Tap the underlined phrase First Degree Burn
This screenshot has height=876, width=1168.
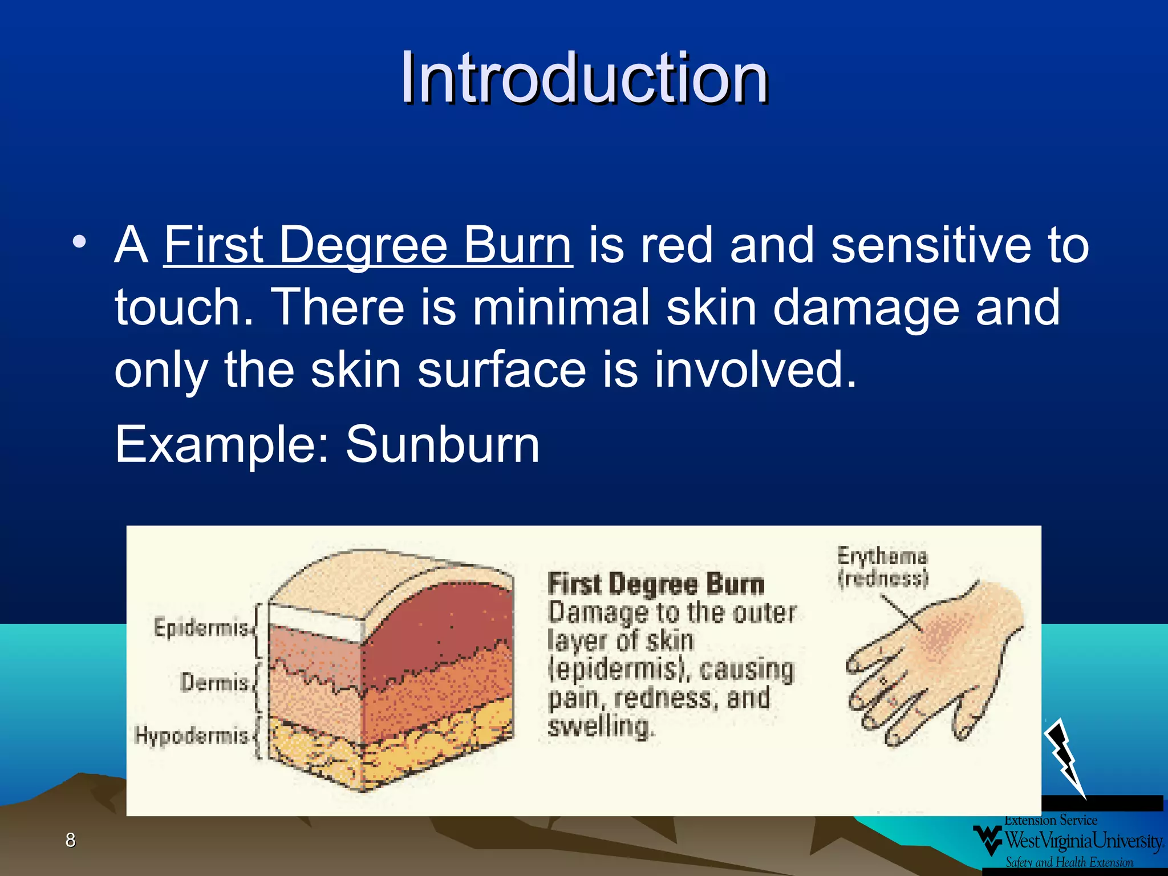pos(368,245)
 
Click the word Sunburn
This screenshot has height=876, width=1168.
pos(443,445)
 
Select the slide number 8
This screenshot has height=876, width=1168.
pos(71,839)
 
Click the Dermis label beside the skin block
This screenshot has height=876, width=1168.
pos(214,682)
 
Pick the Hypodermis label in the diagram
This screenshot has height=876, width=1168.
pos(192,735)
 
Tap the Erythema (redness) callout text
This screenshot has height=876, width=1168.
pos(882,567)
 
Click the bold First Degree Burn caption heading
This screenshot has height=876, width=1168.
pos(656,585)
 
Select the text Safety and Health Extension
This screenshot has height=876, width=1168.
pos(1069,862)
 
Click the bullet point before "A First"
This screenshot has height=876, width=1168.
pos(79,242)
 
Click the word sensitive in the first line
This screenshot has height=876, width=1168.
pos(930,245)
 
